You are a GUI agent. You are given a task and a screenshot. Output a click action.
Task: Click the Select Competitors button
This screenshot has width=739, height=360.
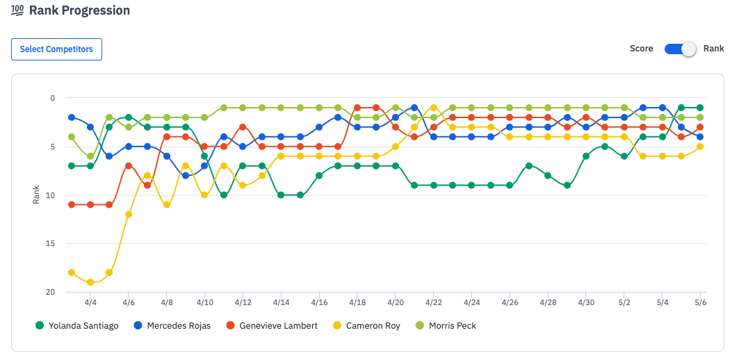click(x=56, y=49)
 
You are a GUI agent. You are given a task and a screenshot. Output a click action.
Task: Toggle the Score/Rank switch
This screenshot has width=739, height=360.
click(x=680, y=49)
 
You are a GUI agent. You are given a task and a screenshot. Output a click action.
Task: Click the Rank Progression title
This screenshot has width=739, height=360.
click(x=79, y=10)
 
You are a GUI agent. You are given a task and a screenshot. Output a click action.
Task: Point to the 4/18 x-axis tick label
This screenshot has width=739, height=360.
click(x=357, y=303)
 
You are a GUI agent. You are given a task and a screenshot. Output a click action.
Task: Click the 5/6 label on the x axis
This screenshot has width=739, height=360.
click(x=699, y=303)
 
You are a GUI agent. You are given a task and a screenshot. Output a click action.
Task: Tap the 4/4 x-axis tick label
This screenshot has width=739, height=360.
click(x=90, y=303)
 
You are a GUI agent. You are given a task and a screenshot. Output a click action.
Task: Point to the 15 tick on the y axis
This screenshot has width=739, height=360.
click(x=49, y=244)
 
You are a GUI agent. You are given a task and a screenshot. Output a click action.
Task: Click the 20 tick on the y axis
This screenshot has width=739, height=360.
click(x=49, y=293)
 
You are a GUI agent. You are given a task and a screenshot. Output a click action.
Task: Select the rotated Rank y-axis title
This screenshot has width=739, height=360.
click(x=36, y=195)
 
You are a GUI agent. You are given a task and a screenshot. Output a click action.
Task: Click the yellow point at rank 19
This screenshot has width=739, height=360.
click(x=90, y=282)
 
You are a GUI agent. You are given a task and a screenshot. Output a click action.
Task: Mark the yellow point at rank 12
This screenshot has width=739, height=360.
click(x=129, y=214)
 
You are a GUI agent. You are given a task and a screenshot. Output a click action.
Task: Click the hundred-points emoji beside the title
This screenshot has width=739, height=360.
click(x=18, y=10)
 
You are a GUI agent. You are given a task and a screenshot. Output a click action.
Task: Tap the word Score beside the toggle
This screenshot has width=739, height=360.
click(x=641, y=49)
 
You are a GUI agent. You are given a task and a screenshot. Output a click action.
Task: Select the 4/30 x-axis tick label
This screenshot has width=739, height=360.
click(x=586, y=303)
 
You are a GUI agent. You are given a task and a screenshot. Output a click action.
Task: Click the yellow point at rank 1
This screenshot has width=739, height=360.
click(x=434, y=108)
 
